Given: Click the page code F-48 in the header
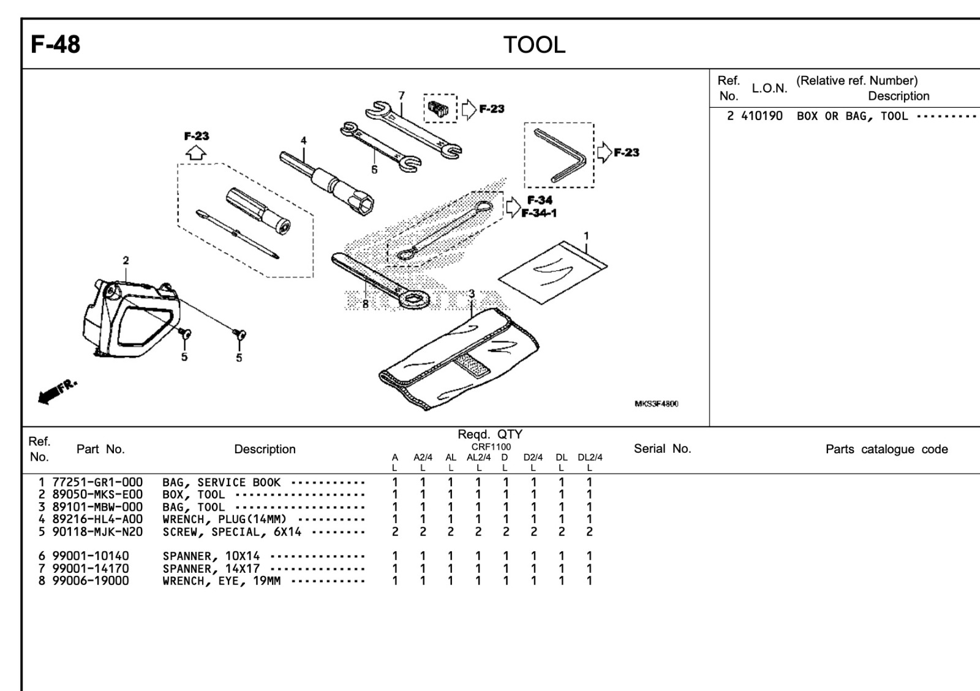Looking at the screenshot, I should tap(55, 45).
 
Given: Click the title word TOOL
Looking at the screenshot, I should tap(534, 45).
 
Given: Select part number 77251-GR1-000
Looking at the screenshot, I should tap(97, 483).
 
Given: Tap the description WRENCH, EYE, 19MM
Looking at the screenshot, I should tap(221, 581).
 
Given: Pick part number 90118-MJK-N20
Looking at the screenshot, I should tap(97, 532).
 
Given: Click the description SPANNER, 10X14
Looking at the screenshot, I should tap(211, 556).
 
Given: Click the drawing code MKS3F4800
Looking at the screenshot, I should tap(656, 404).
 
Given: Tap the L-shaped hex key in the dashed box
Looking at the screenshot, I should tap(560, 156).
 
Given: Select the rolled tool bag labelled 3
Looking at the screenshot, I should tap(459, 358).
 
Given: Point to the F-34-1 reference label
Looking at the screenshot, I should tap(539, 213).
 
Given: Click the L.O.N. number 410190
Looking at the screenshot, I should tap(761, 116).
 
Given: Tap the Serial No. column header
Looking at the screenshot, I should tap(662, 449).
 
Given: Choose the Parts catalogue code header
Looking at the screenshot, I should tap(886, 450).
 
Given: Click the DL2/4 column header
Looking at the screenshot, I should tap(590, 458).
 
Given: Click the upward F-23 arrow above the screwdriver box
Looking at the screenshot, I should tap(196, 153).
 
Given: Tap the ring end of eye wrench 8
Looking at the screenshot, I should tap(414, 299).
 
